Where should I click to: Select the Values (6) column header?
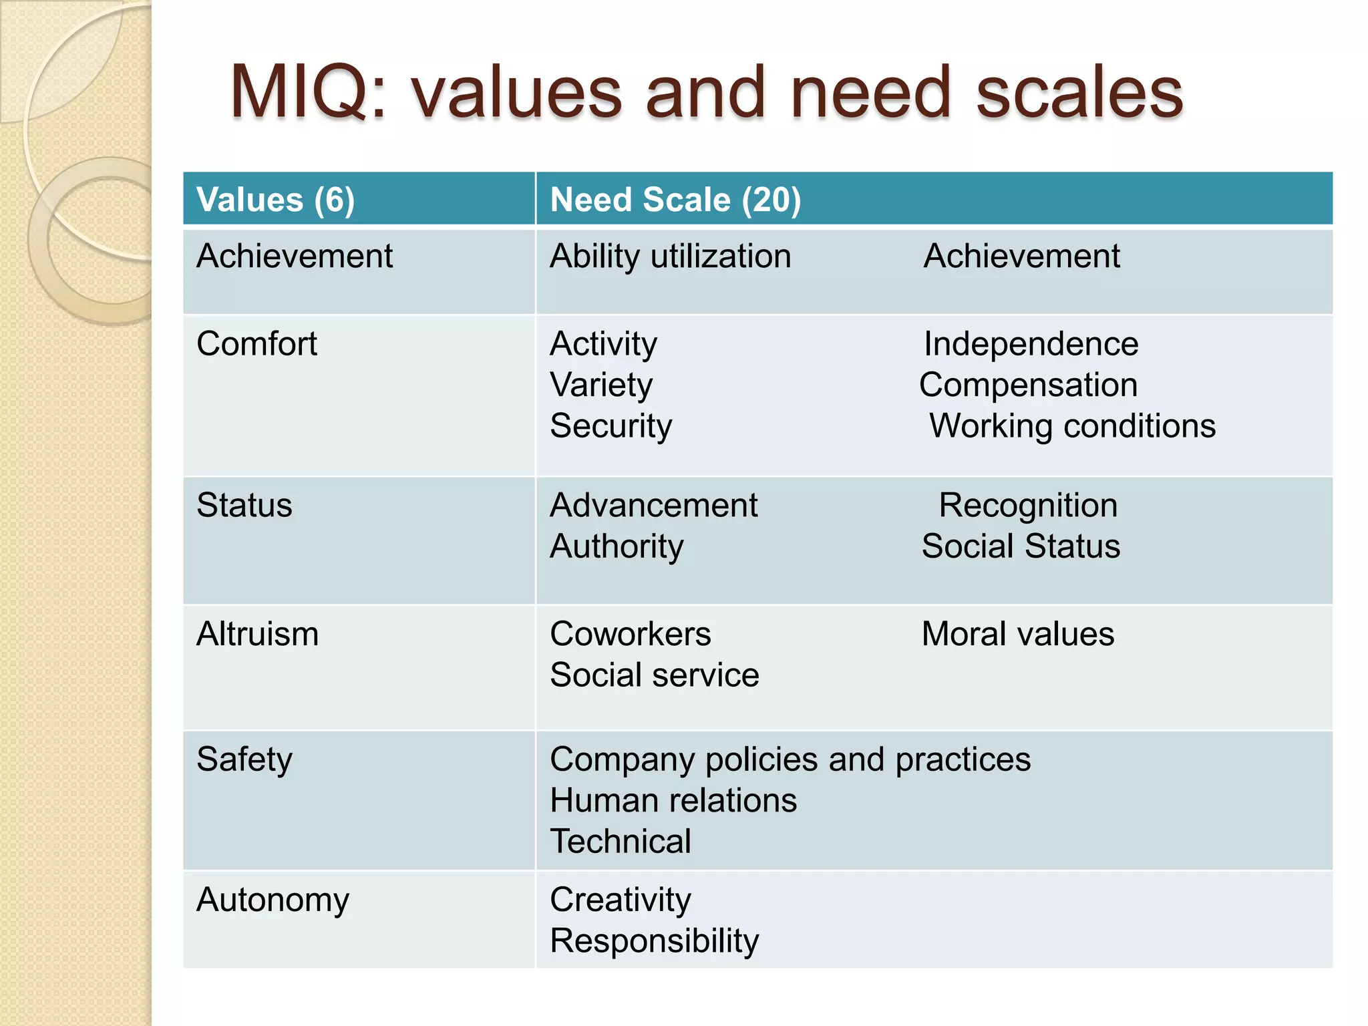(275, 200)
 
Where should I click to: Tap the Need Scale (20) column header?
(675, 200)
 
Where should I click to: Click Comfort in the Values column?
(256, 344)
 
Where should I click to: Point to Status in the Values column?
(244, 505)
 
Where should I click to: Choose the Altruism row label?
(257, 634)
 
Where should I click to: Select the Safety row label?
(244, 759)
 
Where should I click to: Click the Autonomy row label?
(273, 900)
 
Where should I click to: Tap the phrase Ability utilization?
(670, 256)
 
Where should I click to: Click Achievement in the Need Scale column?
(1021, 256)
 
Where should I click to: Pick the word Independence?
(1031, 344)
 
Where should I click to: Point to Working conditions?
(1072, 426)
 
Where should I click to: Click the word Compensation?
(1028, 385)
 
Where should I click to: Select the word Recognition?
(1027, 505)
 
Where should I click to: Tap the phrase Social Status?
(1021, 546)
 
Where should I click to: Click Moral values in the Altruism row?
(1017, 634)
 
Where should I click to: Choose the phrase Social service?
(654, 675)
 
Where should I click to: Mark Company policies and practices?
(790, 759)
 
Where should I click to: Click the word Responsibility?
(654, 941)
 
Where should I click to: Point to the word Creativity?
(620, 900)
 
